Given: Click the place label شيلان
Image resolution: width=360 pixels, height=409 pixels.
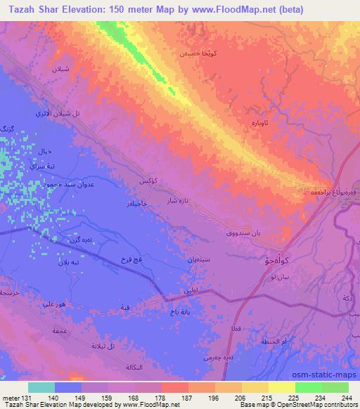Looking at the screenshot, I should point(60,69).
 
